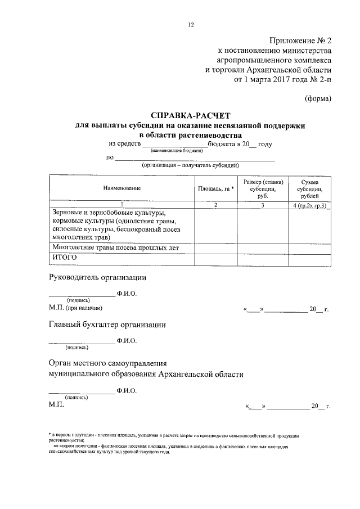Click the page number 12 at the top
[191, 25]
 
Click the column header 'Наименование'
[121, 188]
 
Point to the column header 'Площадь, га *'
[216, 188]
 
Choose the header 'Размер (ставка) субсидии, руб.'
[263, 188]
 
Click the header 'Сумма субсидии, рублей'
[310, 188]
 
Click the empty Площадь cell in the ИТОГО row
[216, 258]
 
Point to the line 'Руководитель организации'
[98, 277]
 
